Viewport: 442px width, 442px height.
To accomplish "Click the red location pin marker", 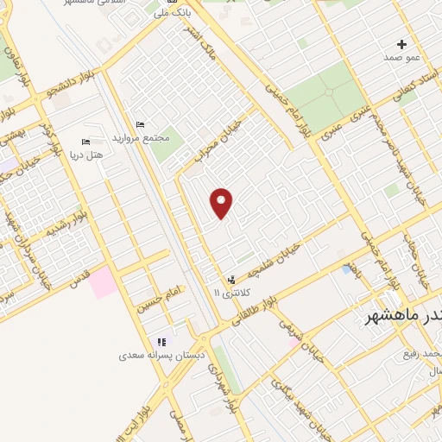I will pyautogui.click(x=222, y=203).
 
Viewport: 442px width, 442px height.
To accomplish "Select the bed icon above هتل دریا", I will pyautogui.click(x=85, y=142).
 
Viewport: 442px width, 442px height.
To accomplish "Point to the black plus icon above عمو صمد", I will pyautogui.click(x=401, y=44).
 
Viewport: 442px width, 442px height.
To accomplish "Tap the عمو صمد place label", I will pyautogui.click(x=401, y=56).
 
